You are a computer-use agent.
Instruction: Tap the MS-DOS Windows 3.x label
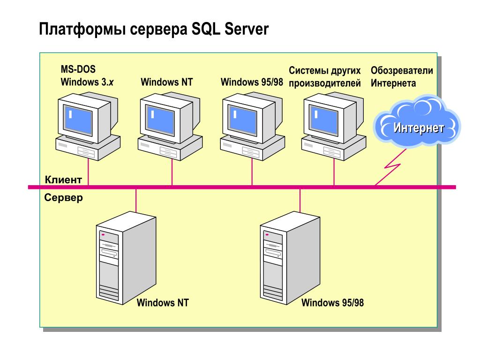(x=87, y=76)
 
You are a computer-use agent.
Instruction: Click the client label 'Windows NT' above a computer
(x=166, y=82)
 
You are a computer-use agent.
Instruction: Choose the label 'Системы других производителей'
(x=325, y=77)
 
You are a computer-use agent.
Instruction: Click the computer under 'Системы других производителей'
(x=333, y=124)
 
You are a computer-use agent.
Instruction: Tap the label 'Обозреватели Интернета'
(x=402, y=77)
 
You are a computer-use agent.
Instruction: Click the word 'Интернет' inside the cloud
(x=419, y=127)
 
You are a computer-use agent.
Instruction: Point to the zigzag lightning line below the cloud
(x=392, y=166)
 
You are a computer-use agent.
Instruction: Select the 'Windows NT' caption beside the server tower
(x=163, y=303)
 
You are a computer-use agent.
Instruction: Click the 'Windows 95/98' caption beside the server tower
(x=332, y=303)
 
